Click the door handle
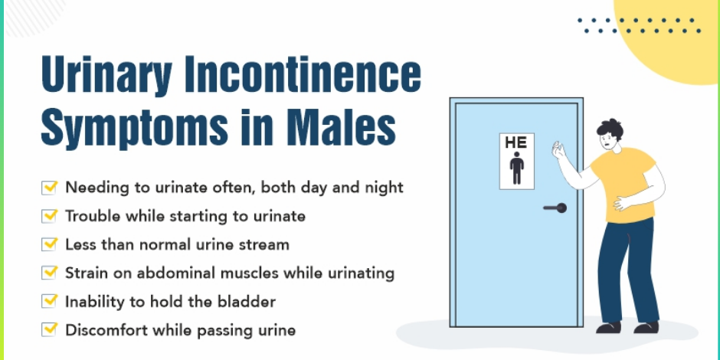[555, 208]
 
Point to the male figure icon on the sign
[517, 169]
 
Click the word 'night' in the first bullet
[385, 187]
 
